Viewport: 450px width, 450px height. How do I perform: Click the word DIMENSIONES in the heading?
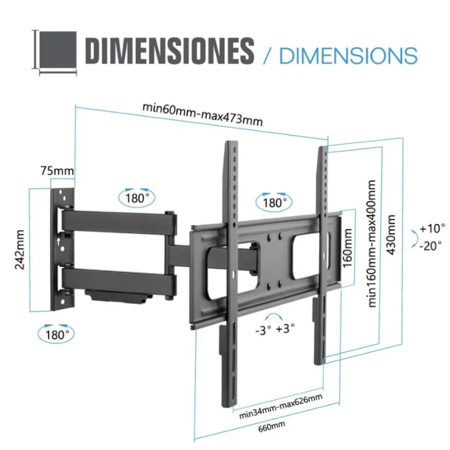point(169,51)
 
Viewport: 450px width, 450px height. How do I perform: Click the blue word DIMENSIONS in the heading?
point(348,56)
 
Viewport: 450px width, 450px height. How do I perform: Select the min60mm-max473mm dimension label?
point(202,115)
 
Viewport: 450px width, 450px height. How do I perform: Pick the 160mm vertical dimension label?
point(348,248)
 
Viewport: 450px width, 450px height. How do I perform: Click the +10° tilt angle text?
point(432,227)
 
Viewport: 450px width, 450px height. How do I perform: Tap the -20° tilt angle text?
point(432,246)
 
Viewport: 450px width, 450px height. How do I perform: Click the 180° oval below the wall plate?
point(57,334)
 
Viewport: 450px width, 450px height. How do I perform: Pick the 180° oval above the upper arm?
point(137,198)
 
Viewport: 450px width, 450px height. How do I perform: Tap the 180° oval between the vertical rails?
point(274,202)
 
